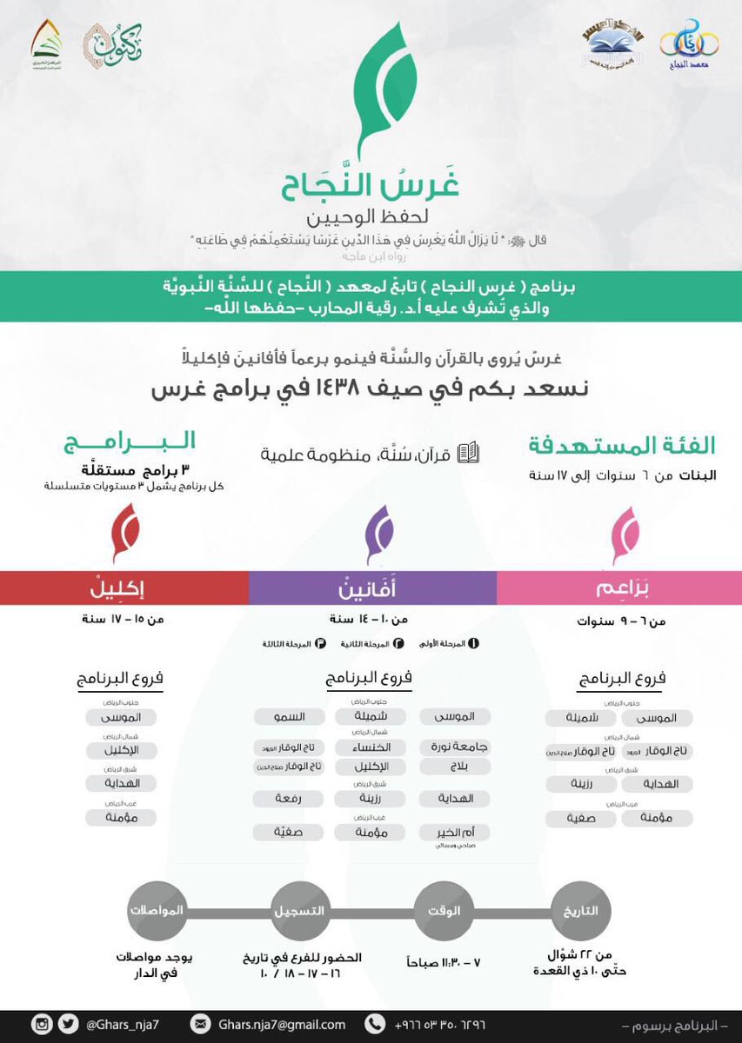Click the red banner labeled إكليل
pos(124,588)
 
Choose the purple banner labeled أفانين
pos(372,588)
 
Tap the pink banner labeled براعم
pos(619,588)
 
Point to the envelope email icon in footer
pos(201,1024)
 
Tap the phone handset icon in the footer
pos(376,1024)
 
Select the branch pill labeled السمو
pos(289,717)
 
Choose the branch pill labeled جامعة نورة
pos(455,747)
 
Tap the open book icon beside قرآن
pos(468,453)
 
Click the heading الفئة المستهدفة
pos(622,447)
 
